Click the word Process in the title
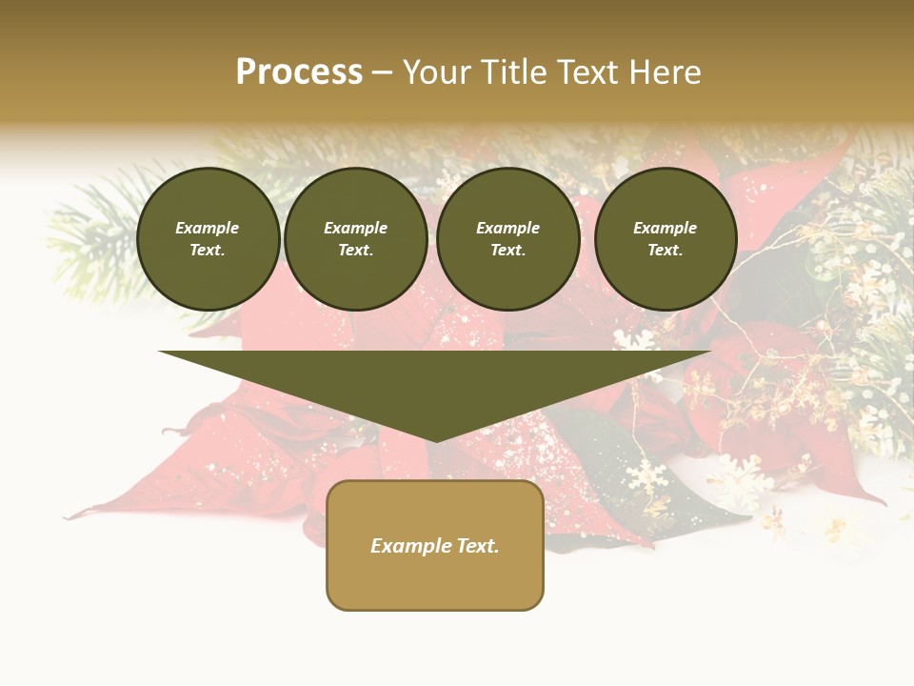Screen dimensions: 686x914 [299, 72]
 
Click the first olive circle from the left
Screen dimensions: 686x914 [208, 238]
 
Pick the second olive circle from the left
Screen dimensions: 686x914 [355, 238]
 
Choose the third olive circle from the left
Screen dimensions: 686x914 [507, 238]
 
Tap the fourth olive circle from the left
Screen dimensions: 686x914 [666, 238]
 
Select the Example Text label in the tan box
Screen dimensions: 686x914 [435, 546]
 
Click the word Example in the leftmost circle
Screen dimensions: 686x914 [208, 228]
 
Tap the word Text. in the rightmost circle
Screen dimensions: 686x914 [666, 250]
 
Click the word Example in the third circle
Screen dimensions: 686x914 [507, 228]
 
